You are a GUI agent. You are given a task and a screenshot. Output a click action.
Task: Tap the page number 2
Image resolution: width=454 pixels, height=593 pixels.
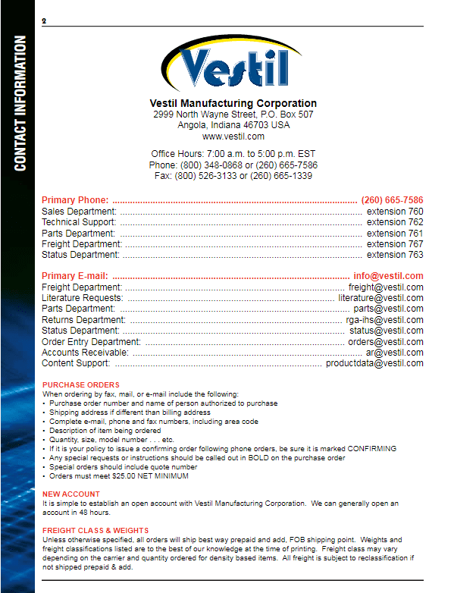pos(45,20)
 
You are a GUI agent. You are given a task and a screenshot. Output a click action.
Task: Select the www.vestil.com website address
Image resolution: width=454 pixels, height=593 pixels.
pos(233,136)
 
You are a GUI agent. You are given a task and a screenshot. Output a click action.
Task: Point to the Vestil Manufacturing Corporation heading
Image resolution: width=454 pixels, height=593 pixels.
pos(233,103)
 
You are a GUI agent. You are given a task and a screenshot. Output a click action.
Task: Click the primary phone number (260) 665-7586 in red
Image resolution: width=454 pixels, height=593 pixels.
pos(392,200)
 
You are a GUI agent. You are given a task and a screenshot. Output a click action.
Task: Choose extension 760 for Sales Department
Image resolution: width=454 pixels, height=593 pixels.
pos(395,212)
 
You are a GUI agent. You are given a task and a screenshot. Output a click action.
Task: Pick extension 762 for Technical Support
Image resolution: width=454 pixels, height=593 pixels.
pos(395,222)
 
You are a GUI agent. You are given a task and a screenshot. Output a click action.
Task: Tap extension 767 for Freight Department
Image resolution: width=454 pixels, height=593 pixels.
pos(395,244)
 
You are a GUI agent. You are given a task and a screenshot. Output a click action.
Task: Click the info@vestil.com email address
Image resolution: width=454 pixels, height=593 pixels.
pos(388,276)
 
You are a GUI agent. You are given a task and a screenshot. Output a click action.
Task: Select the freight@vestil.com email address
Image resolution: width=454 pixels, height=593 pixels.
pos(386,287)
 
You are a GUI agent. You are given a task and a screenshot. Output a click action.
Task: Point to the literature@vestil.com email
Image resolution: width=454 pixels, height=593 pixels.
pos(380,298)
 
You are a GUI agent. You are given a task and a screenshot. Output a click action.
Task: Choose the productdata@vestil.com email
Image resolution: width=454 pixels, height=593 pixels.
pos(374,363)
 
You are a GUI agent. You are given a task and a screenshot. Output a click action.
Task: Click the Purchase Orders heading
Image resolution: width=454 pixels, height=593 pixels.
pos(81,385)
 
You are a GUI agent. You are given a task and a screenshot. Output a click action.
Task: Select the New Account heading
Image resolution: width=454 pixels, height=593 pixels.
pos(71,494)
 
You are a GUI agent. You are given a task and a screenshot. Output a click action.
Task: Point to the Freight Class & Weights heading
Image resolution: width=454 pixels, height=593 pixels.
pos(95,530)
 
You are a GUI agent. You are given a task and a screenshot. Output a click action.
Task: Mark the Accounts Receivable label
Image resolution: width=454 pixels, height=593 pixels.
pos(85,353)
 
